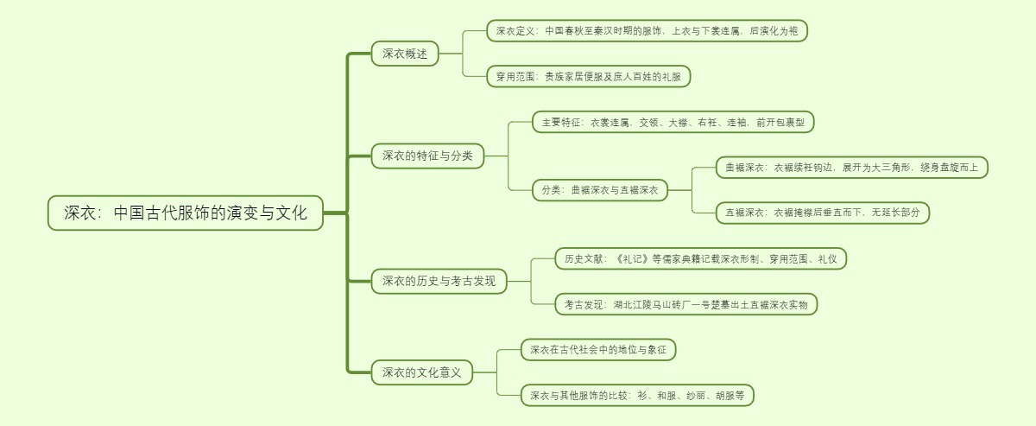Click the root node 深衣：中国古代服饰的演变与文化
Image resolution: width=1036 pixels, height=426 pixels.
pos(185,213)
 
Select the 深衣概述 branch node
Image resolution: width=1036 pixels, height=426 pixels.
pos(405,54)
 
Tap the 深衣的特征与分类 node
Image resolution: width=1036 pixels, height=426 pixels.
pos(427,156)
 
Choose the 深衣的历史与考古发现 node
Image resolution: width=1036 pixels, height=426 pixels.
pos(439,280)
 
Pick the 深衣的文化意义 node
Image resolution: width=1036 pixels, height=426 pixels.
pos(422,372)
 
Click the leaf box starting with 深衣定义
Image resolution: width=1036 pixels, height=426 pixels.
pos(647,31)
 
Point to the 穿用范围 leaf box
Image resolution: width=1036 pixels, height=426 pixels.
pos(588,76)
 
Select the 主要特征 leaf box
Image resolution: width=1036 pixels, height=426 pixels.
pos(673,122)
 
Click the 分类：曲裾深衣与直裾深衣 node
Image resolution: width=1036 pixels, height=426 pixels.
pos(600,190)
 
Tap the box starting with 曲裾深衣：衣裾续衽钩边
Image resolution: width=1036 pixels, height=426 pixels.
pos(851,168)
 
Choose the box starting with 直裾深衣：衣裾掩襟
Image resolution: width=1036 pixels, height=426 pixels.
pos(822,212)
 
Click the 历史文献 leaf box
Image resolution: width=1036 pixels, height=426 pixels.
pos(700,258)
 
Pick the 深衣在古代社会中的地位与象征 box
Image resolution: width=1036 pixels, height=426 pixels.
pos(598,350)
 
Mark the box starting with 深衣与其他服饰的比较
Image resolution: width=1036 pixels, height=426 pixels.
pos(637,395)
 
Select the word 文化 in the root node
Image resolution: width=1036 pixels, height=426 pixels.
pos(290,213)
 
